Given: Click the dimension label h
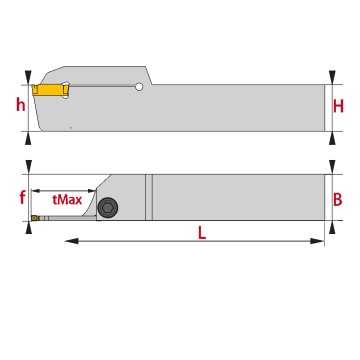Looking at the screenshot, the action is [21, 105].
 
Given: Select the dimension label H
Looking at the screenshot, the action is [338, 107].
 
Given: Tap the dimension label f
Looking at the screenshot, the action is [22, 197].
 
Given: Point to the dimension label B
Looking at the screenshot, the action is [338, 199].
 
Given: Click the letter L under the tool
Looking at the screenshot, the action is [202, 233].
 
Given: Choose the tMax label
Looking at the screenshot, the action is [67, 200].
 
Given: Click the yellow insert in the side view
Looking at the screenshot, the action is [50, 90].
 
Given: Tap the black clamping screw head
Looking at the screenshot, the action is [108, 208].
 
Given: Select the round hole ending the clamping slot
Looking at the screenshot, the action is [139, 87].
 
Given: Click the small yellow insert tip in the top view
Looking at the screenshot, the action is [35, 218].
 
